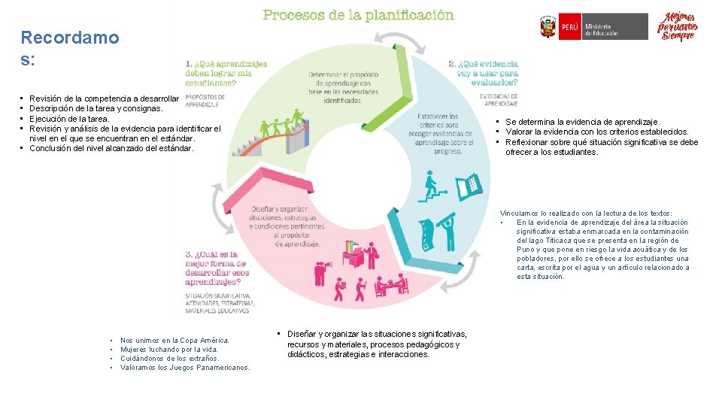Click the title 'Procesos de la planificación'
coord(357,14)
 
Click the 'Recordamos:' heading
coord(69,48)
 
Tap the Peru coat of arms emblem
coord(548,28)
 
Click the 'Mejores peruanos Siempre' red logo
coord(678,27)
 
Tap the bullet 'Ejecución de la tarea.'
coord(69,119)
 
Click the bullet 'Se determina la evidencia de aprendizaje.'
coord(582,122)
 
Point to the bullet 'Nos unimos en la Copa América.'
coord(174,341)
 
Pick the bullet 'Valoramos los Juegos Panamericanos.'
coord(185,368)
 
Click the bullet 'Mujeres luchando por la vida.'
coord(169,350)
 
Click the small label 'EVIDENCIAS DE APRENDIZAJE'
coord(497,98)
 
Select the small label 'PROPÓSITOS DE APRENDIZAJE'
coord(205,100)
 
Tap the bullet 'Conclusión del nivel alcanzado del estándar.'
coord(111,148)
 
